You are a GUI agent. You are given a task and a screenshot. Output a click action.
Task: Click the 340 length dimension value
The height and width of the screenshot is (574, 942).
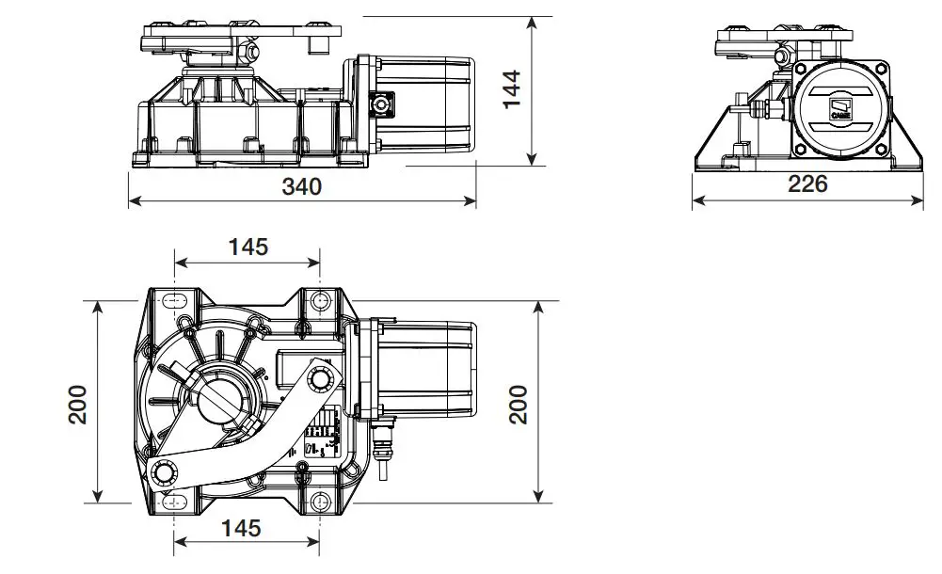(x=302, y=186)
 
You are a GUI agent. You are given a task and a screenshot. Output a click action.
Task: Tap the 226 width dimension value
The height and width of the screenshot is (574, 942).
(x=807, y=184)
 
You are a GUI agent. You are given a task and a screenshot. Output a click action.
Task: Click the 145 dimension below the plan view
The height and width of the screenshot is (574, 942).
(x=241, y=528)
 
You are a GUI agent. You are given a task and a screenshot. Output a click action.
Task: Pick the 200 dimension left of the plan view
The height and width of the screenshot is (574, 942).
(x=78, y=404)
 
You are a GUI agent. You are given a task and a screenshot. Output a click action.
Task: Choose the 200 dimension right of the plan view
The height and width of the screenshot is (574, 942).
(x=519, y=404)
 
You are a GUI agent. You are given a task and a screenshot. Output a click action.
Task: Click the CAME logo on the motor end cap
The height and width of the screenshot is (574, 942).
(x=840, y=109)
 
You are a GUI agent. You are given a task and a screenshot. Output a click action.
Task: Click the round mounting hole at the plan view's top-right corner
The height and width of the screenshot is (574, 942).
(x=320, y=300)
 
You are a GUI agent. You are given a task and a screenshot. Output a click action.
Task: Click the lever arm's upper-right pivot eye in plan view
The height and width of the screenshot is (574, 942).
(x=321, y=379)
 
